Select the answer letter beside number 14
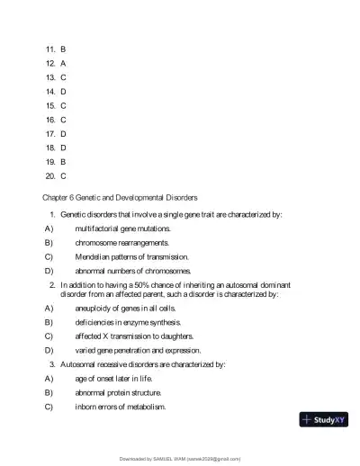[63, 91]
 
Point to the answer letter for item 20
[63, 175]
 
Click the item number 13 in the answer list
[50, 76]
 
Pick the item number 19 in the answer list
[50, 161]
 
